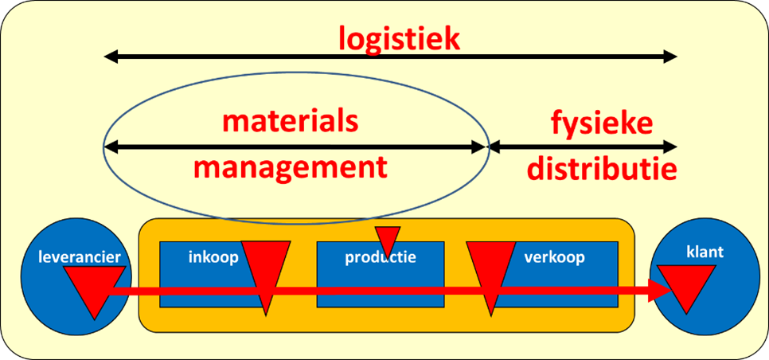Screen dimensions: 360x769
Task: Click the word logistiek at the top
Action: click(399, 37)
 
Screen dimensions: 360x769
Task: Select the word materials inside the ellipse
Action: click(290, 122)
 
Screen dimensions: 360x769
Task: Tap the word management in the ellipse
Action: click(290, 168)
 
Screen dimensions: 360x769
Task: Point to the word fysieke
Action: click(602, 122)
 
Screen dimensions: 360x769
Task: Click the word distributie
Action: click(601, 169)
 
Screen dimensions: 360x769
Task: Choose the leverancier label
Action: click(72, 256)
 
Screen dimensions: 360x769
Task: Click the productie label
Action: click(381, 257)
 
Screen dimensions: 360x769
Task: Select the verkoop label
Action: click(555, 257)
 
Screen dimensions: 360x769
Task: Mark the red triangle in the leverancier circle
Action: click(92, 286)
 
